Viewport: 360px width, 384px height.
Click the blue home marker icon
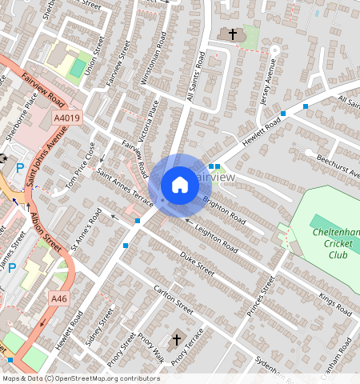(180, 185)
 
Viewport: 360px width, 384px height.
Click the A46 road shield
(58, 298)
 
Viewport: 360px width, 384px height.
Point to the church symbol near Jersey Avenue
(233, 34)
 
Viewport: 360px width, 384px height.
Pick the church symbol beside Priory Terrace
(177, 337)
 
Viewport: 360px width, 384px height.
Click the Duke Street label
(198, 264)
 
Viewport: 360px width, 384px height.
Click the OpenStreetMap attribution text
(81, 378)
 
